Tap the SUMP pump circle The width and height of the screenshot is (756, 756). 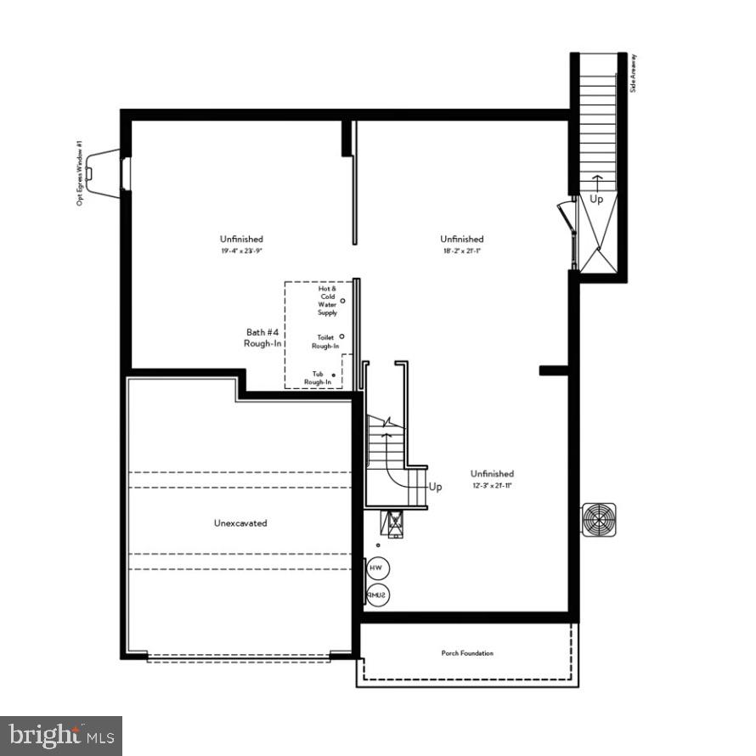(375, 596)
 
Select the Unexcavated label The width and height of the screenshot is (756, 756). (240, 523)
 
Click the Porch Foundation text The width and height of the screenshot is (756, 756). (467, 653)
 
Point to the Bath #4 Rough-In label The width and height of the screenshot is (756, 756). (262, 337)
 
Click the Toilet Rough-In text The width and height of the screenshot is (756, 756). (325, 341)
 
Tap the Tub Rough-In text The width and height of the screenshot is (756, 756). (318, 378)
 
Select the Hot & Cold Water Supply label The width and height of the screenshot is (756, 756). (328, 301)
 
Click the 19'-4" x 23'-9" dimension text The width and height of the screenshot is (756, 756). (241, 251)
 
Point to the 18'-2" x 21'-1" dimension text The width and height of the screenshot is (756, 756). (462, 251)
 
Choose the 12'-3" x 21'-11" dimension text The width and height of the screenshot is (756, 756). (493, 486)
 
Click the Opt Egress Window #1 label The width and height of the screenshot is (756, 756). (79, 173)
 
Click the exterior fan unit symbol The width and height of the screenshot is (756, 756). (599, 520)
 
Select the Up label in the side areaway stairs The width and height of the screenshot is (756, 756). (598, 199)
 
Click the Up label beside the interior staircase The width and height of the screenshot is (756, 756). (436, 487)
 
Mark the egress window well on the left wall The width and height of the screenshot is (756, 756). (106, 174)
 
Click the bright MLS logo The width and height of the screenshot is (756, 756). (61, 735)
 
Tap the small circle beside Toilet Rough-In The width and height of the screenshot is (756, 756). (342, 336)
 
